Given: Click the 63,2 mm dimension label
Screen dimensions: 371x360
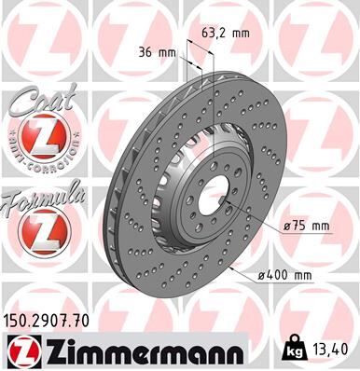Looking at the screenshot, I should click(226, 34).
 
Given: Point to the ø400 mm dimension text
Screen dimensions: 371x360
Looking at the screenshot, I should click(312, 275).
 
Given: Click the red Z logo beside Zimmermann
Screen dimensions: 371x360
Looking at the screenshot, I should click(21, 350).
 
